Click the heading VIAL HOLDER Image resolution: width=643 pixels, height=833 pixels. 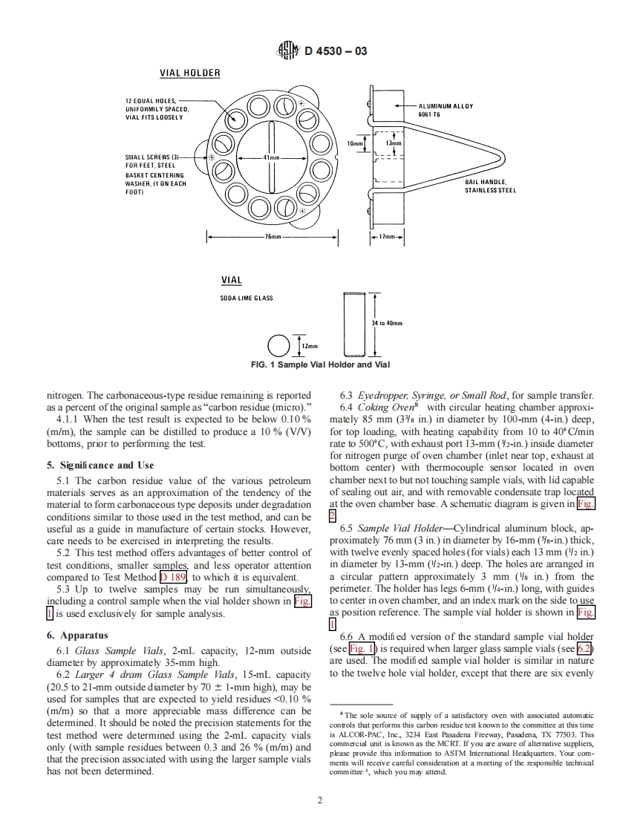[190, 73]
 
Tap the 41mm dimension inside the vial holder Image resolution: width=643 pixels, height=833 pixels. [271, 158]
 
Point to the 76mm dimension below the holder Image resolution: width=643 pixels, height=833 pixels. [272, 237]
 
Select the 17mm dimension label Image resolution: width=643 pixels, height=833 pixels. [386, 237]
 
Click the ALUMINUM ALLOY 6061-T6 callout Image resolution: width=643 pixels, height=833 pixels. [445, 109]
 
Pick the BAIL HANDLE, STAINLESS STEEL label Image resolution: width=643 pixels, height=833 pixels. [491, 186]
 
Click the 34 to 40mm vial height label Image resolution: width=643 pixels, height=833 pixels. [387, 324]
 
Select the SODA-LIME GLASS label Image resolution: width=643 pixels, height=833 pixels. [247, 298]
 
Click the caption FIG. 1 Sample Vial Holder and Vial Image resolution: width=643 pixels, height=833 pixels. [320, 365]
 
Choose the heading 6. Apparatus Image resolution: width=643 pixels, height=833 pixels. [77, 636]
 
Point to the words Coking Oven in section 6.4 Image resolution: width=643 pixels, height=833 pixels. [383, 408]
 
